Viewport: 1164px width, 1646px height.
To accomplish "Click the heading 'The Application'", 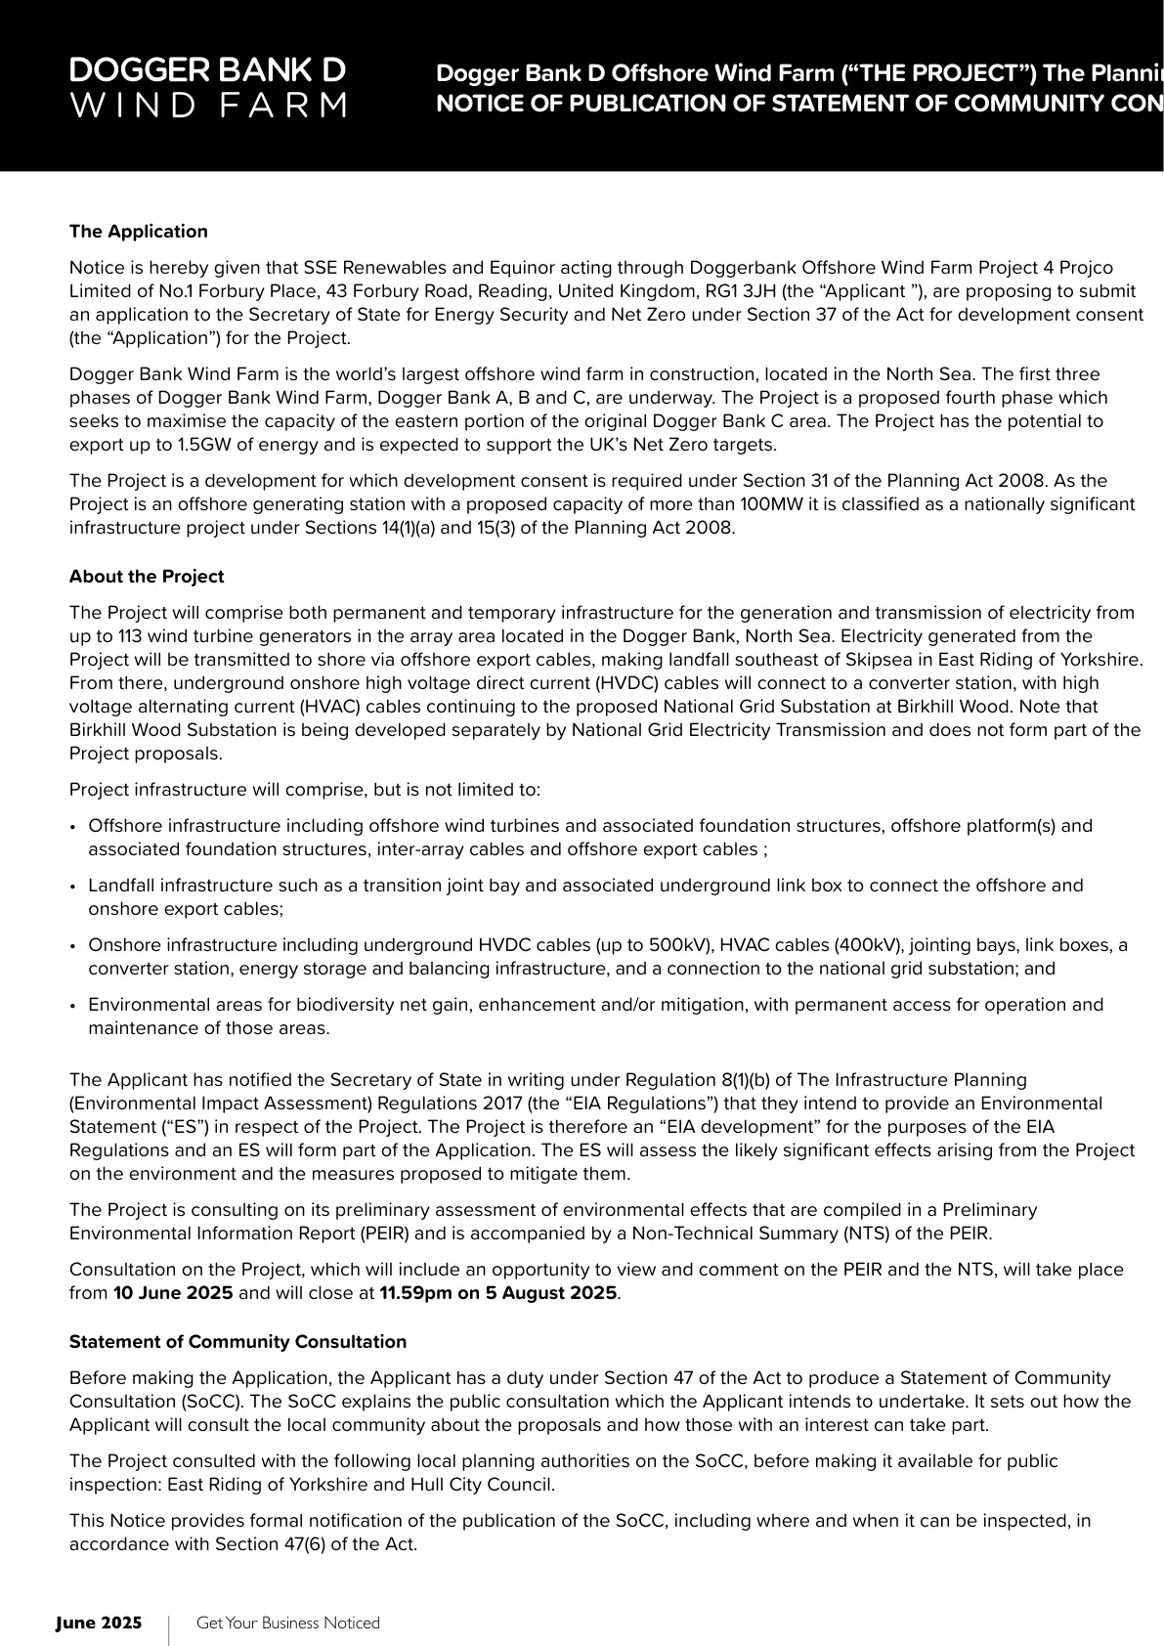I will coord(138,232).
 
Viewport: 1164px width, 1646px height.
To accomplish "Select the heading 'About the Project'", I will coord(147,577).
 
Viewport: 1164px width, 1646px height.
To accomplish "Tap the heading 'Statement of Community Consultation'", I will coord(237,1342).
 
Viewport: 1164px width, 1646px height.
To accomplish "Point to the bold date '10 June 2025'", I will coord(173,1293).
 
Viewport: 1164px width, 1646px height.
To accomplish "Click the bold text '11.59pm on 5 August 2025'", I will coord(497,1293).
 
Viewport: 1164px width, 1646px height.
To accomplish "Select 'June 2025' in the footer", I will coord(99,1623).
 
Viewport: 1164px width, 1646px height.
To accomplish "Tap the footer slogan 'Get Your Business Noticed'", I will coord(287,1623).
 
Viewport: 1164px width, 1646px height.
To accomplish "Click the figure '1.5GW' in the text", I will coord(201,445).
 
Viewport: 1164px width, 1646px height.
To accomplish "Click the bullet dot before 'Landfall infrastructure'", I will coord(73,887).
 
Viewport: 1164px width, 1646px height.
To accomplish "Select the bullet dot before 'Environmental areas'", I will coord(73,1006).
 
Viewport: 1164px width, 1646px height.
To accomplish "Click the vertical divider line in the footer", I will coord(169,1630).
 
